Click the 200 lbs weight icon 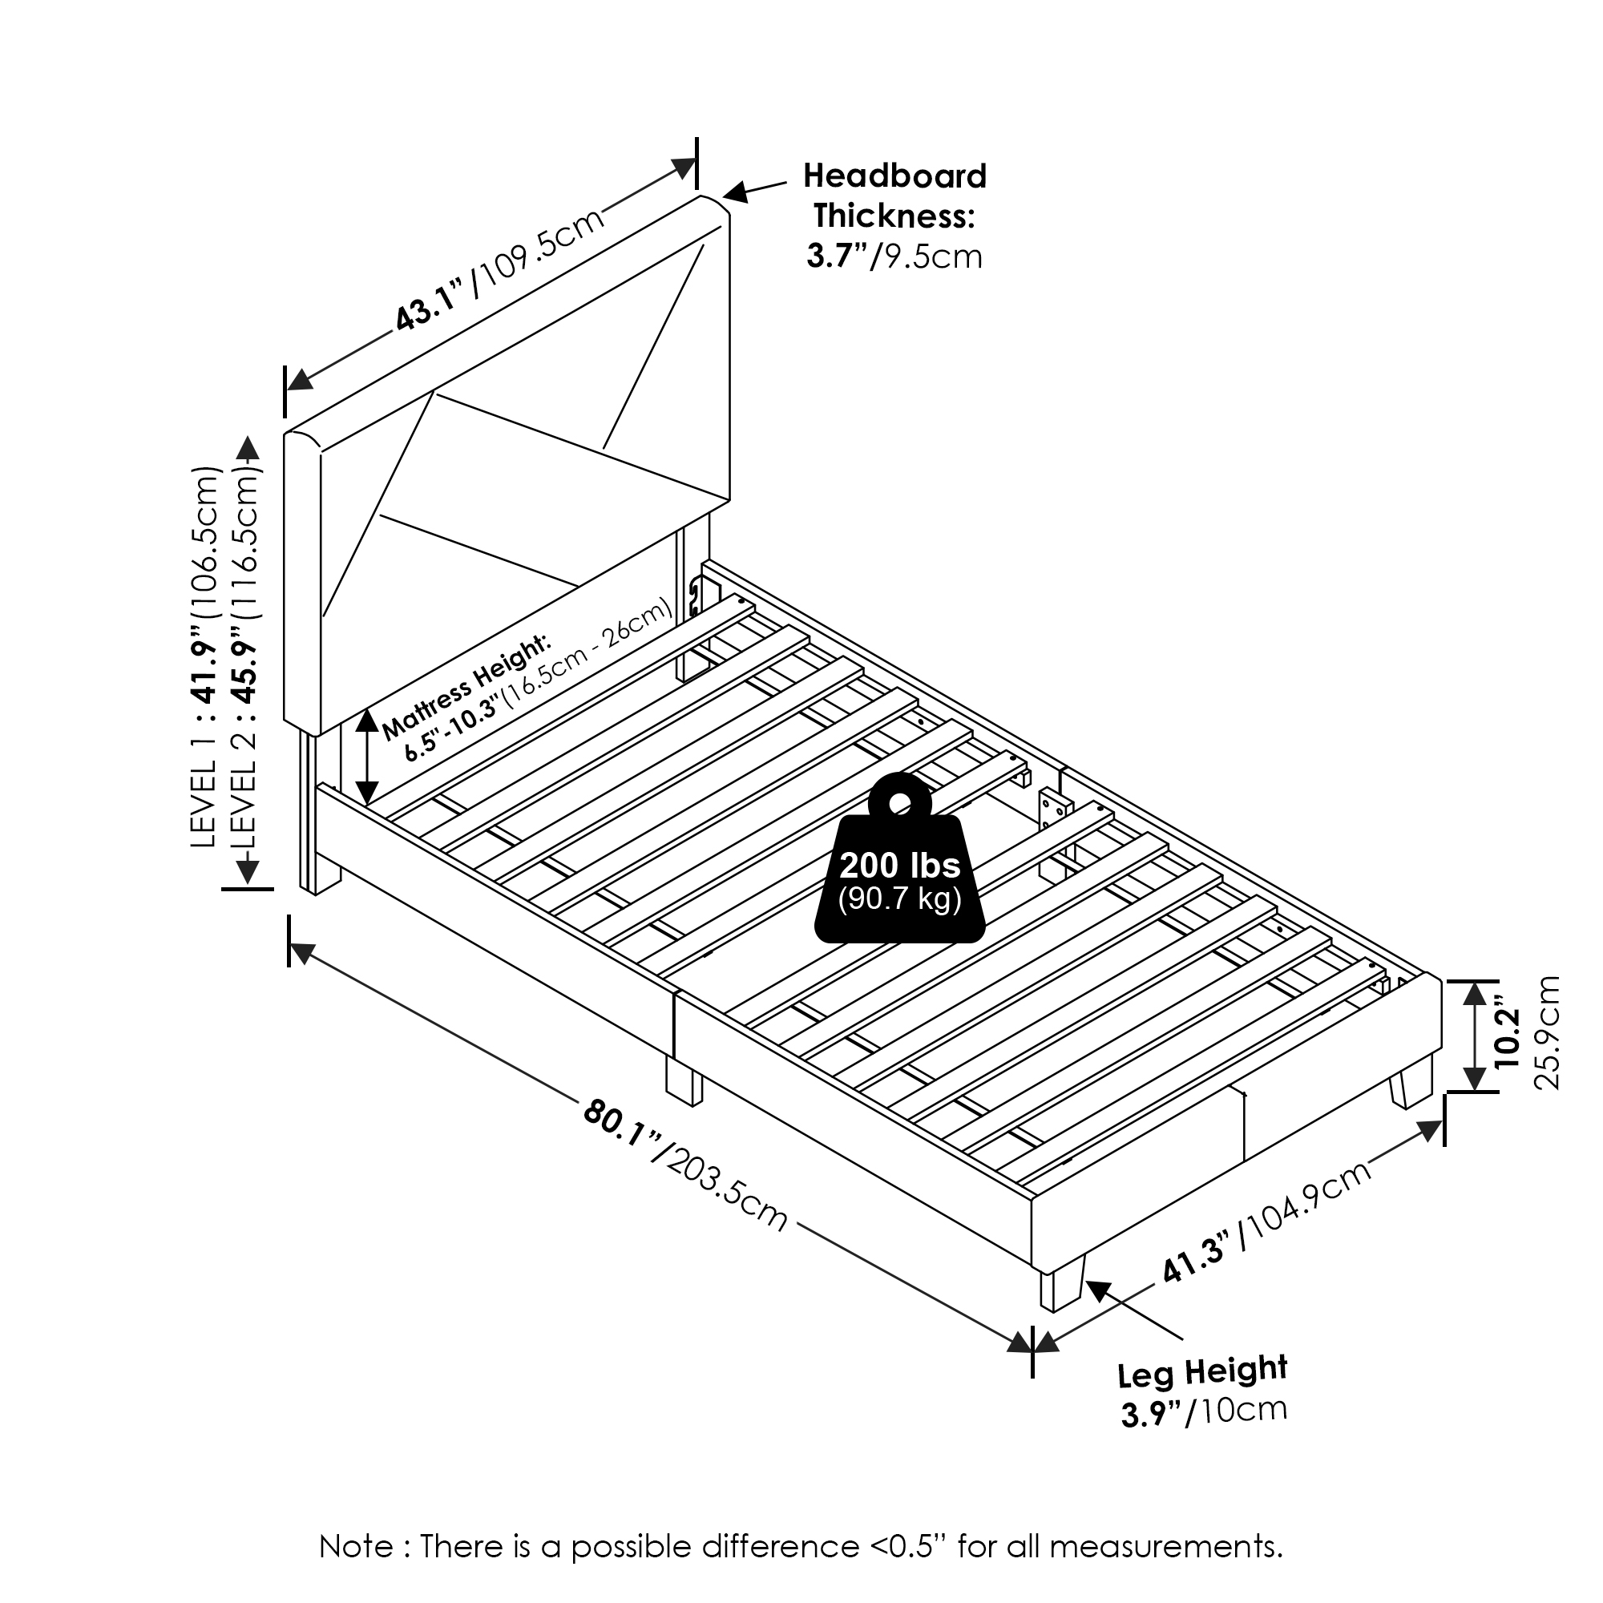900,858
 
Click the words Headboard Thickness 894,196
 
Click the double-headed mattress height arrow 366,757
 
